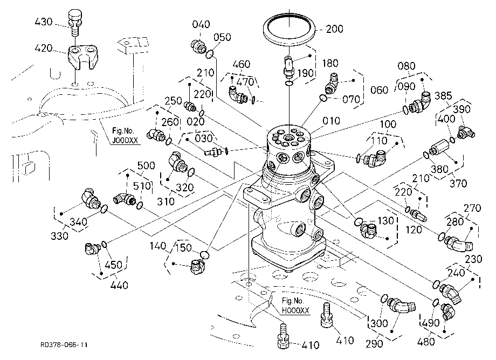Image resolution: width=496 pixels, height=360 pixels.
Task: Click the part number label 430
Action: pos(44,22)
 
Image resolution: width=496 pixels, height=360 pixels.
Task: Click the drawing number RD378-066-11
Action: pos(64,345)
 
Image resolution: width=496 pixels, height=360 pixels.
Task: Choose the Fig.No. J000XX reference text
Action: pos(125,136)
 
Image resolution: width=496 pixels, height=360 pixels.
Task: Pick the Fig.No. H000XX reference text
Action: pos(295,306)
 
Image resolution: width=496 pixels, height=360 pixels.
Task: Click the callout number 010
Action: pos(331,121)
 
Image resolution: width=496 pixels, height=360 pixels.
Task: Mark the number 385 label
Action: pos(443,95)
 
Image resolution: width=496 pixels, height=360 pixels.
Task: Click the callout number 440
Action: pos(119,286)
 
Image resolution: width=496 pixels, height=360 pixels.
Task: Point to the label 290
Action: pos(374,344)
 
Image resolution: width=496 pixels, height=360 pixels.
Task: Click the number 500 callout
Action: pos(146,165)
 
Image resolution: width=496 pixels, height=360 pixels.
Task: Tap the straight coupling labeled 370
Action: pos(440,148)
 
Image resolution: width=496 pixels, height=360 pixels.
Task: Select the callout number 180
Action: pos(330,63)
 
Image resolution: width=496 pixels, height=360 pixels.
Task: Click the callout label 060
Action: pos(379,90)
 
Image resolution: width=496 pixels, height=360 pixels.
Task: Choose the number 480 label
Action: pos(426,341)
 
